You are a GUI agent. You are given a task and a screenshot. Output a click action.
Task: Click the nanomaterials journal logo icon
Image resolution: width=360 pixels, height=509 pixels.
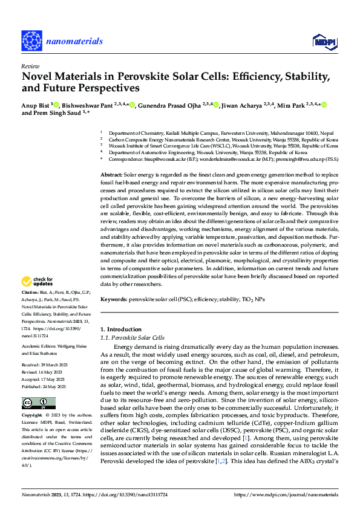tap(31, 41)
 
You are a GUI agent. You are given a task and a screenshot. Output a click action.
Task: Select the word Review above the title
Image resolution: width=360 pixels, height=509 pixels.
tap(30, 66)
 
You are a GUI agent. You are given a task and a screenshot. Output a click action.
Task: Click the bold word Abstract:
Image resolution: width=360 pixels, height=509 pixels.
tap(113, 174)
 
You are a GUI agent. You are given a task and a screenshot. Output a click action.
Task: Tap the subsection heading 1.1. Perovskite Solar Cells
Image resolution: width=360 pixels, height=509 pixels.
tap(132, 337)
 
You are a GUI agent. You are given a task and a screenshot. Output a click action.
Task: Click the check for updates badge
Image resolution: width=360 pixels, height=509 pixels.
tap(36, 282)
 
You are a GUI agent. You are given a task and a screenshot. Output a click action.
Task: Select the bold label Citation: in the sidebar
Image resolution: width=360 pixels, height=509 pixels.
tap(31, 292)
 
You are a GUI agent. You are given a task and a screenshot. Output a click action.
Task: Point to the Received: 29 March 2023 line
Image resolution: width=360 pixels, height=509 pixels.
tap(47, 366)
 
